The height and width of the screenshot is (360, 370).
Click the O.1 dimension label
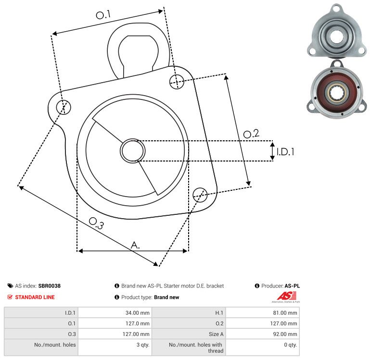(x=103, y=15)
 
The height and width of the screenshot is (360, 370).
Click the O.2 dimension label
(x=251, y=134)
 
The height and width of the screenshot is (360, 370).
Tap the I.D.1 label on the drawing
(x=285, y=152)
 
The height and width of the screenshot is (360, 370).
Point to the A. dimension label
(x=136, y=245)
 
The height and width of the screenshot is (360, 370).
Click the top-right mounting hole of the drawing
(x=177, y=81)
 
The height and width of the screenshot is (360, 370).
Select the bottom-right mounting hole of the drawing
(x=200, y=194)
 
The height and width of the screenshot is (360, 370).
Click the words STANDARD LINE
(x=35, y=298)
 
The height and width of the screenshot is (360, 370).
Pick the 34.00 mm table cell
(x=137, y=313)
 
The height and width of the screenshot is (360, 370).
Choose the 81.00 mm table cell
(x=285, y=313)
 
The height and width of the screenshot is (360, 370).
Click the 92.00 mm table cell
(x=285, y=334)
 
